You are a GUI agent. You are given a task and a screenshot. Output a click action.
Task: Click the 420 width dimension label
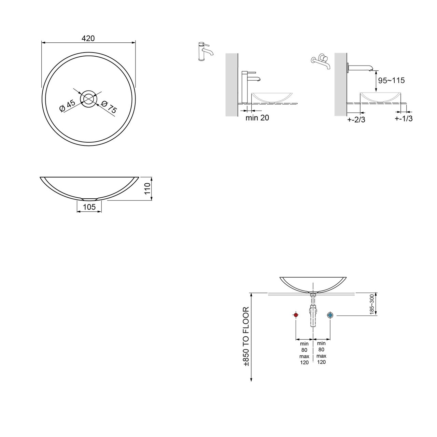coord(88,38)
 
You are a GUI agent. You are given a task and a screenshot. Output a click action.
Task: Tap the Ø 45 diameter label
coord(67,106)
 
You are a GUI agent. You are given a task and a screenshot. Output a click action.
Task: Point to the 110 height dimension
coord(147,188)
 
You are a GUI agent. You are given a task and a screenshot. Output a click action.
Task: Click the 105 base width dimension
coord(89,207)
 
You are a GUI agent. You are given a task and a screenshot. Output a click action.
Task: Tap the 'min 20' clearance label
coord(257,118)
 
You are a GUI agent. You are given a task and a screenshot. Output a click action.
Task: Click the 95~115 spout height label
coord(391,80)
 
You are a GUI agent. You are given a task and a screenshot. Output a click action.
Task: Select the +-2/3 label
coord(356,119)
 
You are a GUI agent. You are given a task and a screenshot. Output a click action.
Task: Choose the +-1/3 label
coord(404,118)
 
